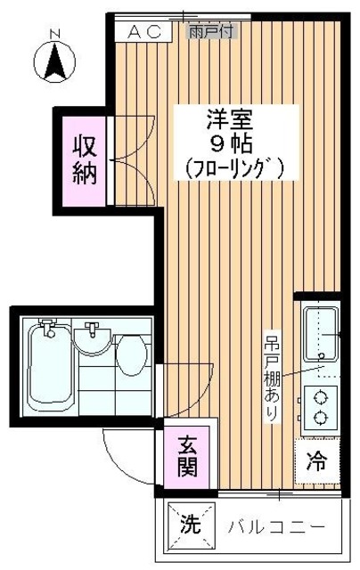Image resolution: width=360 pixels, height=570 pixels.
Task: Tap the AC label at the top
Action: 145,31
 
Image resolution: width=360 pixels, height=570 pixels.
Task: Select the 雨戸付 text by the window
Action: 212,31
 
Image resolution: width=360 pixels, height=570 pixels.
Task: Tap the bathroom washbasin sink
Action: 92,338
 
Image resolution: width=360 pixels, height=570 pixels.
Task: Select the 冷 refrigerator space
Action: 317,462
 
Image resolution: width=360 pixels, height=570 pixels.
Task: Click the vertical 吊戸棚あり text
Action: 272,378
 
